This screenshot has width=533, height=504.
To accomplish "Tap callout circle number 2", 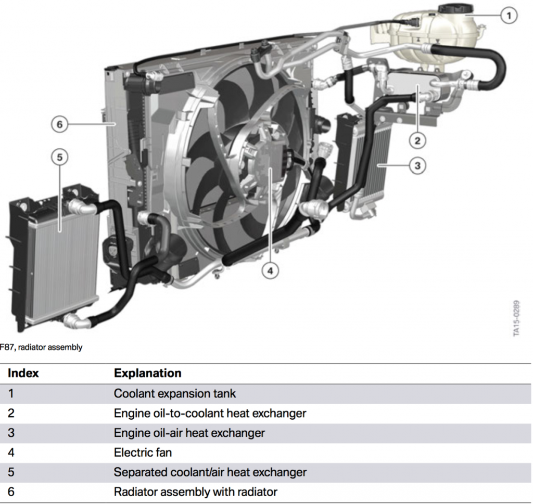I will tap(417, 139).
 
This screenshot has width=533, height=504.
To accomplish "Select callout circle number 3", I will tap(417, 166).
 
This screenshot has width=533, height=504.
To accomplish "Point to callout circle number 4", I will tap(270, 270).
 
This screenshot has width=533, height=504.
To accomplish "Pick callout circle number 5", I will tap(59, 157).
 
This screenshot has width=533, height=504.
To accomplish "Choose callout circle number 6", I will tap(59, 124).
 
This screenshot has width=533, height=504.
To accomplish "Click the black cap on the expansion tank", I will tap(455, 9).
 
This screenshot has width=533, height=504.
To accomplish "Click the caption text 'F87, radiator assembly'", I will tap(41, 347).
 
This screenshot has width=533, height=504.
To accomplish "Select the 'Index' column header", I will tap(23, 373).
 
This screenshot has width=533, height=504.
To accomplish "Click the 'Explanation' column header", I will tap(147, 373).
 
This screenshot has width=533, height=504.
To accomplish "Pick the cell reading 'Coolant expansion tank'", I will tap(174, 394).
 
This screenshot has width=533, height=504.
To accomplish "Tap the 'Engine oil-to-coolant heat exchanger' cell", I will tap(210, 413).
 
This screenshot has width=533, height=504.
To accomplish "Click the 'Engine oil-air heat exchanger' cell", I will tap(189, 433).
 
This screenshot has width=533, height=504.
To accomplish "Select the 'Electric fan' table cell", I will tap(143, 453).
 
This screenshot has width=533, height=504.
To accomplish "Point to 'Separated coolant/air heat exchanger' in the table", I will tap(210, 472).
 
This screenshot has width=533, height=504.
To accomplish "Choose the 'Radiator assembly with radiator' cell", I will tap(195, 492).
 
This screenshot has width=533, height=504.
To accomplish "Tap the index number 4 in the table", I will tap(11, 453).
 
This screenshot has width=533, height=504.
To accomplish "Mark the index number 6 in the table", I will tap(11, 492).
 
